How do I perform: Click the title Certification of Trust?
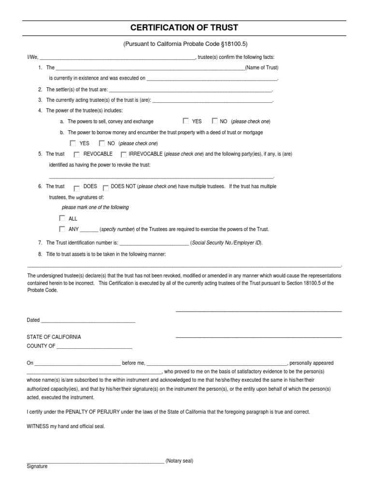pos(185,27)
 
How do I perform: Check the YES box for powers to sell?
pos(186,121)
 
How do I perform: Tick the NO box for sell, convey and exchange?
pos(214,121)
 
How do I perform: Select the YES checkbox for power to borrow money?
pos(73,143)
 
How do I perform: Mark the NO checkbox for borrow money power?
pos(101,143)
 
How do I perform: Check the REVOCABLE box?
pos(77,155)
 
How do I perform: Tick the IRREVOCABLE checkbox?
pos(124,155)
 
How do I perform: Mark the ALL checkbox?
pos(62,218)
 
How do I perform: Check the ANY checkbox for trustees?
pos(62,229)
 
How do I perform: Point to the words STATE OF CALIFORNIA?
pos(54,337)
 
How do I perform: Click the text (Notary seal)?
pos(179,461)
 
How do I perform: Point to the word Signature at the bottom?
pos(37,467)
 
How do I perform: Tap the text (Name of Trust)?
pos(261,68)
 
